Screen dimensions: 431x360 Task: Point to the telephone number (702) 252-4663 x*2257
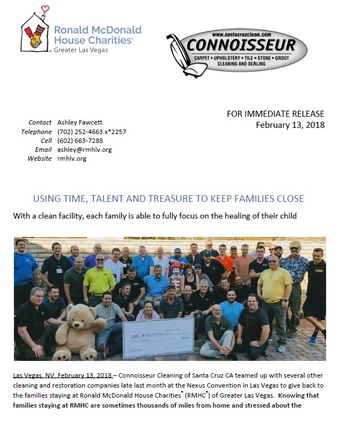pyautogui.click(x=92, y=132)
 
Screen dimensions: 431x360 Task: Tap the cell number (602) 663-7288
pyautogui.click(x=79, y=141)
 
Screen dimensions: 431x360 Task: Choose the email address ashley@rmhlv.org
pyautogui.click(x=84, y=150)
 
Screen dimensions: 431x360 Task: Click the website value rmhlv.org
pyautogui.click(x=72, y=158)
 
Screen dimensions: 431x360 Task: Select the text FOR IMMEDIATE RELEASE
pyautogui.click(x=276, y=114)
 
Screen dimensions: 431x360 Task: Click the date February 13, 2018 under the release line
pyautogui.click(x=290, y=125)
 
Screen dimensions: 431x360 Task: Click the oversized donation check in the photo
pyautogui.click(x=157, y=336)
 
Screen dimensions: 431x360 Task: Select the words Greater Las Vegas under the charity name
pyautogui.click(x=81, y=50)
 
